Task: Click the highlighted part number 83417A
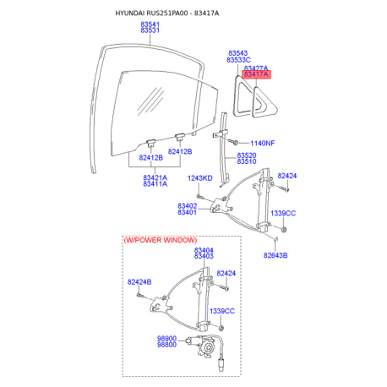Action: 256,74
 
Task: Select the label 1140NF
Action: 262,143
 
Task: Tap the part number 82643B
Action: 275,255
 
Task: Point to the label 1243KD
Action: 199,178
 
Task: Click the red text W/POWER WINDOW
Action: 161,240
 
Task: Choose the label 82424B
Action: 139,282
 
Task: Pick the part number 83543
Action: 237,53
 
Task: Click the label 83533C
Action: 238,60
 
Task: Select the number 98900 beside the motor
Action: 166,338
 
